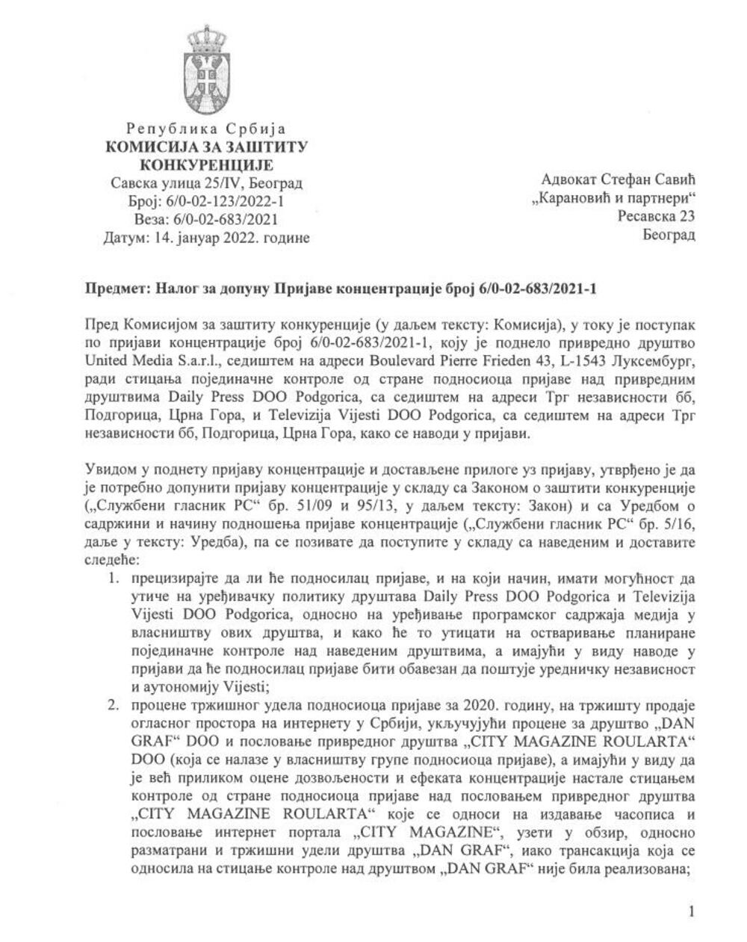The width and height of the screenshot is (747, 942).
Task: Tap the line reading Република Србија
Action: click(x=206, y=129)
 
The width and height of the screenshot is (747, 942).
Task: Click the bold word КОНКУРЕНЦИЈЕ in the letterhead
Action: click(x=207, y=165)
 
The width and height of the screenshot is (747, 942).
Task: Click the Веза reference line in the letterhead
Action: click(x=206, y=220)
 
